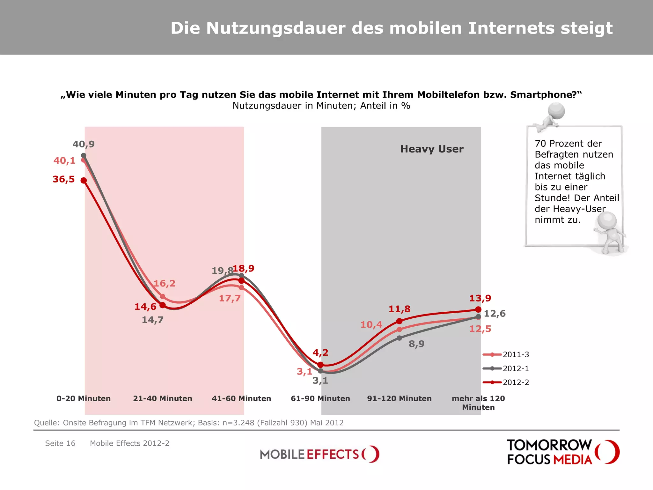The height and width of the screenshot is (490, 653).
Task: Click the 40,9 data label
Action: point(84,144)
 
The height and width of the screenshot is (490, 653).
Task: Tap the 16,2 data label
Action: point(165,283)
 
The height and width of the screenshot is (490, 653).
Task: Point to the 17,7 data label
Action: point(230,298)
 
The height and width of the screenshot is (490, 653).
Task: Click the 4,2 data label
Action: point(320,353)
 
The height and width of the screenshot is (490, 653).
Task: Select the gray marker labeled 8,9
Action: point(400,338)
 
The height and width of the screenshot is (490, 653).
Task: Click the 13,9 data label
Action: point(480,298)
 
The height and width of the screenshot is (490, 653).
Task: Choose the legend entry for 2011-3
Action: point(506,354)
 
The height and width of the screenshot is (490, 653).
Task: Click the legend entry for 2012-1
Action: point(506,368)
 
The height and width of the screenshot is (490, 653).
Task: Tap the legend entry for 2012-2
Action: point(506,382)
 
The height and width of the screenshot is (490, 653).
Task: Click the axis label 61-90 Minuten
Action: point(320,398)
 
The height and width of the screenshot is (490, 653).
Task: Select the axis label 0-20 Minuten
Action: point(84,398)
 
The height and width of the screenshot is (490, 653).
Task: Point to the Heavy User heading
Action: point(432,149)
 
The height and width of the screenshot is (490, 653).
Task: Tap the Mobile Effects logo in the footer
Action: point(319,454)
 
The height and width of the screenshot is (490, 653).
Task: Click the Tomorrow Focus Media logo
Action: point(563,452)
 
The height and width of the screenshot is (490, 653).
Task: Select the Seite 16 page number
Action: point(60,443)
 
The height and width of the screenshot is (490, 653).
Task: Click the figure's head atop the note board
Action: point(556,111)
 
